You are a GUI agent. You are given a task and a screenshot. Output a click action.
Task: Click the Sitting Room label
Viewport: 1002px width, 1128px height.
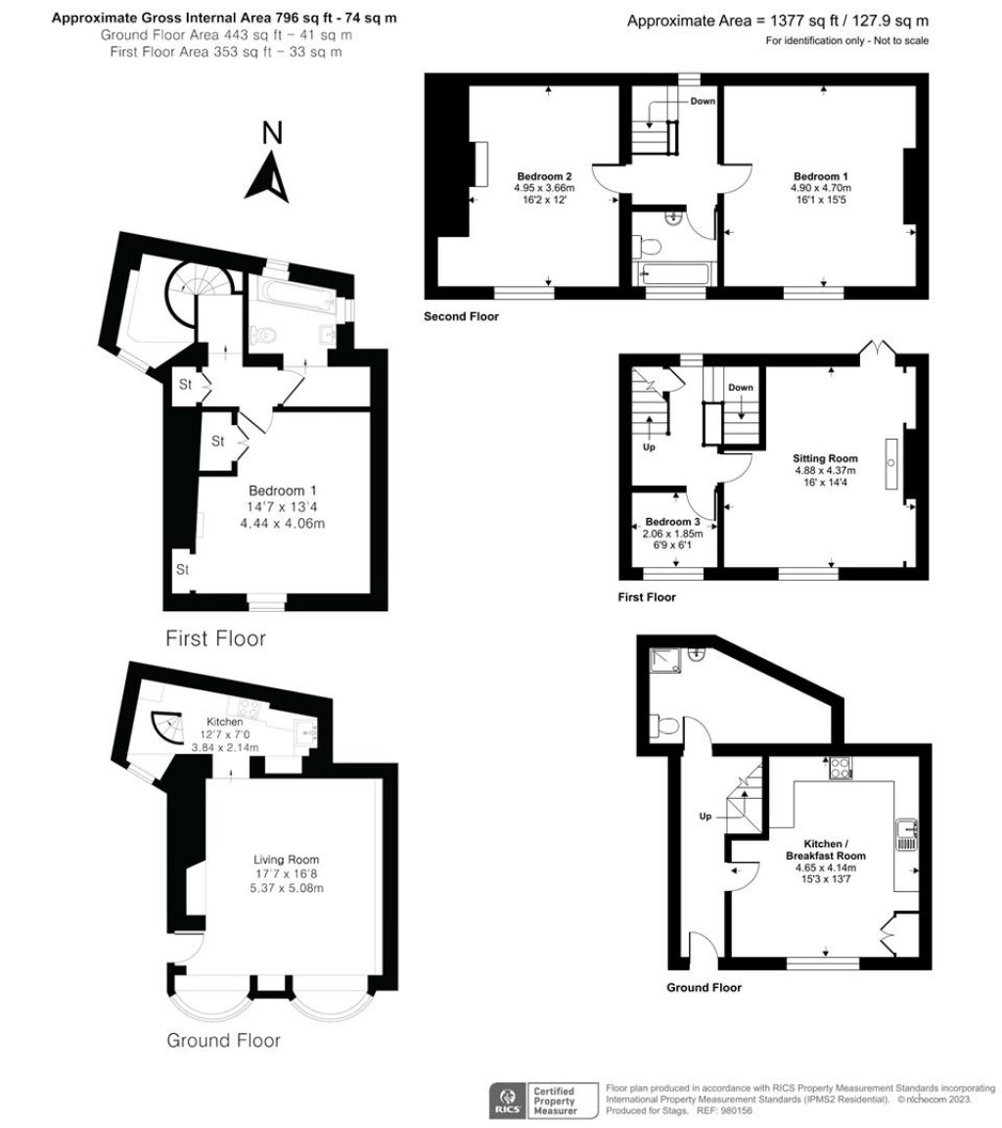coord(825,457)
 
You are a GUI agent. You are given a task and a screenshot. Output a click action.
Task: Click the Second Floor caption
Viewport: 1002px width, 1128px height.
coord(460,316)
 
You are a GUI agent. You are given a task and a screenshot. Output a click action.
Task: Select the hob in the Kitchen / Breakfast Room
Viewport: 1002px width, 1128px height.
coord(841,770)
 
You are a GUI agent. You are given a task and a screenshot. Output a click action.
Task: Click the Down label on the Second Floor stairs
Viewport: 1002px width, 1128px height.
coord(703,101)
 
